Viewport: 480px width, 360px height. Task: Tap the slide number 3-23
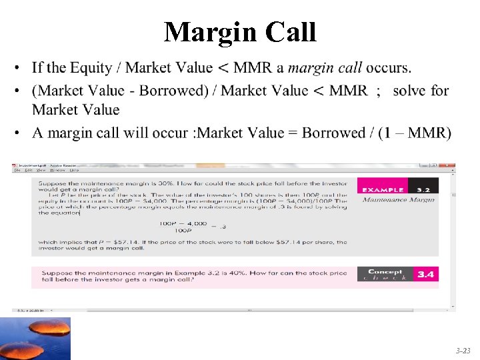pos(463,349)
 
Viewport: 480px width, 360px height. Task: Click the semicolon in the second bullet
pos(378,90)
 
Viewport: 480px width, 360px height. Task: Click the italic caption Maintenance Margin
pos(398,199)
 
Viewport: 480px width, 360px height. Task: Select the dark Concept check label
pos(385,274)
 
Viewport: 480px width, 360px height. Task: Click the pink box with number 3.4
pos(426,274)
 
